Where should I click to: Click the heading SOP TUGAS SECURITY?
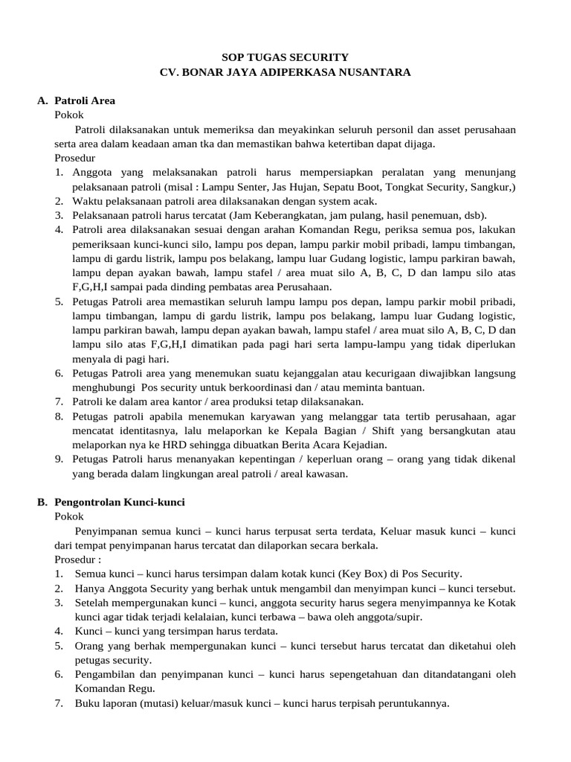pos(285,57)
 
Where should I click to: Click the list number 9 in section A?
pos(59,459)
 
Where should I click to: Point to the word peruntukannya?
pos(413,703)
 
